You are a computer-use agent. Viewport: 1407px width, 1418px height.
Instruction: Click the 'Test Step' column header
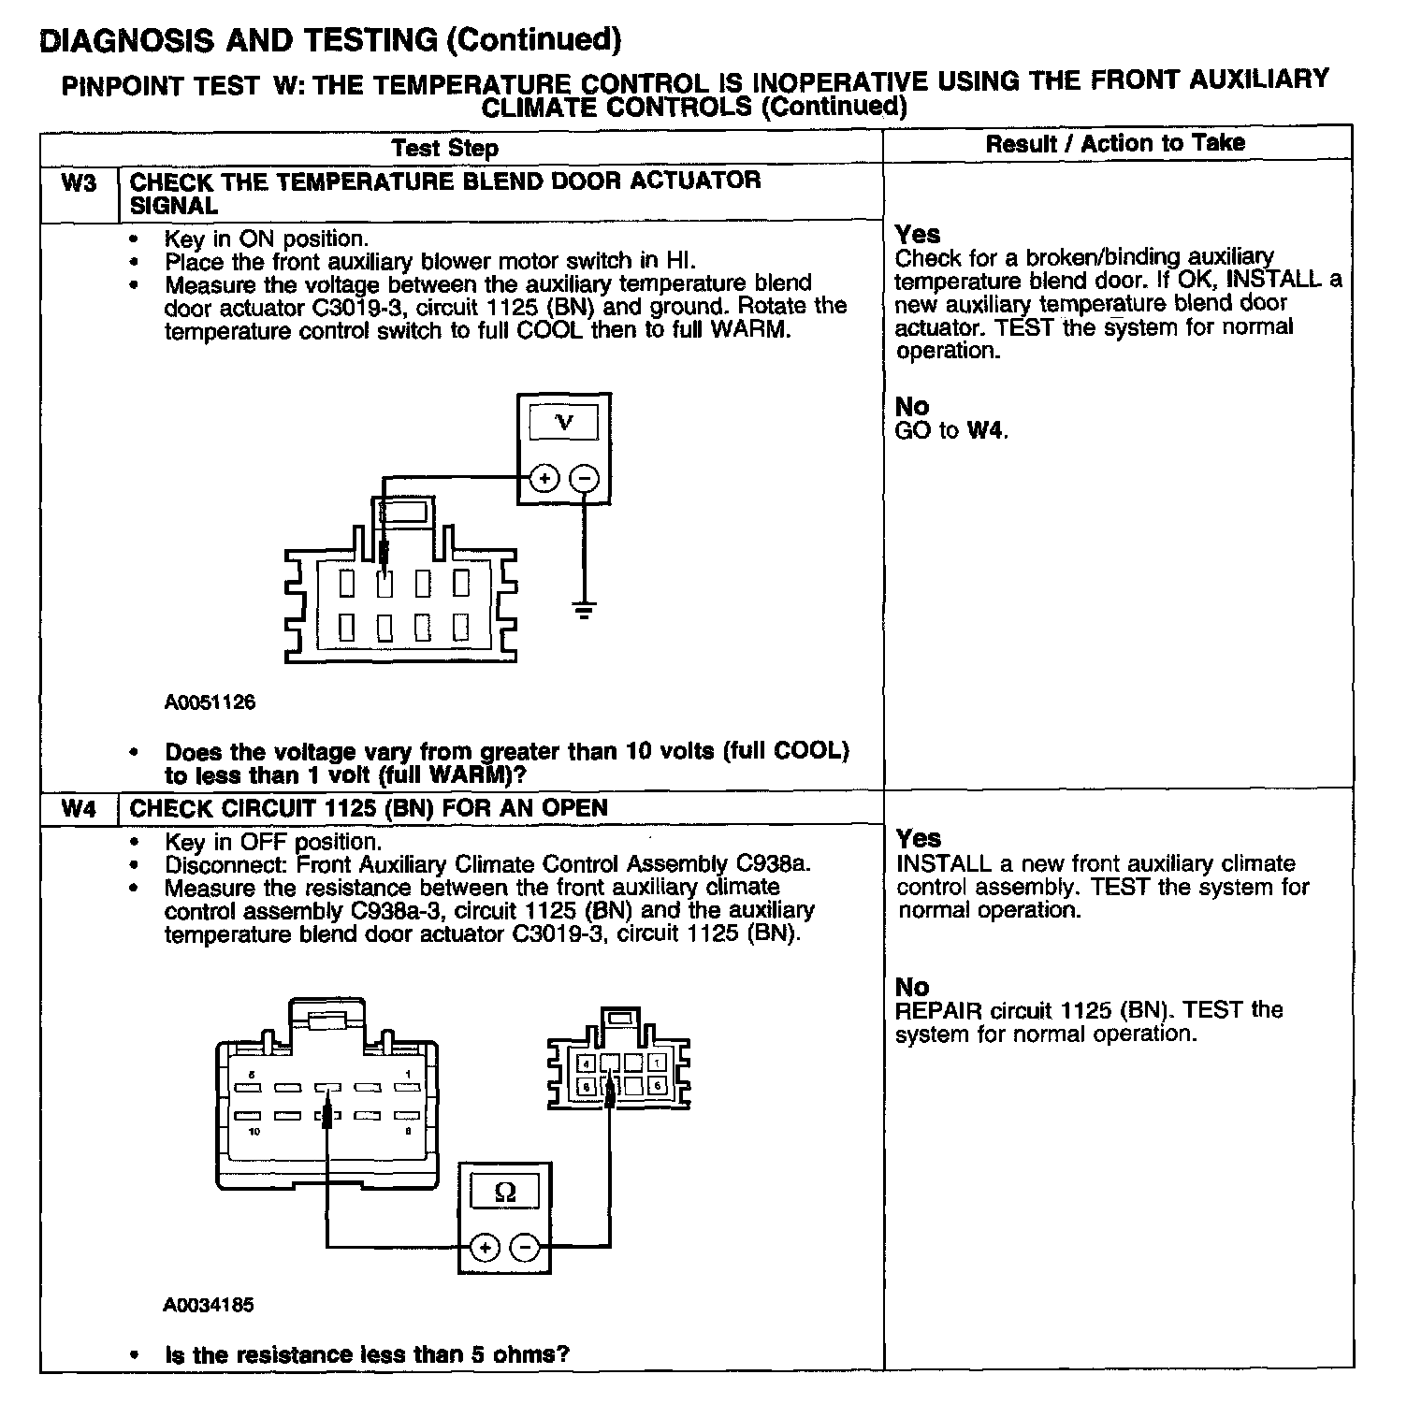click(x=445, y=148)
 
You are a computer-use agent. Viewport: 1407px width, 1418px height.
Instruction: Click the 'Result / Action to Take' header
click(x=1115, y=143)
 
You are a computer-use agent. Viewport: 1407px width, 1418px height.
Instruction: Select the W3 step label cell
click(x=80, y=182)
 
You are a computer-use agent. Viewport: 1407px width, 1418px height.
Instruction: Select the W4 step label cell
click(x=80, y=808)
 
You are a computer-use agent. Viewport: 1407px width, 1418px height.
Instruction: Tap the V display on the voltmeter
click(x=564, y=423)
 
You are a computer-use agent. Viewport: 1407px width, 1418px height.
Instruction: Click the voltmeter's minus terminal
click(x=585, y=478)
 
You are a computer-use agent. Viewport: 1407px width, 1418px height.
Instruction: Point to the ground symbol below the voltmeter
click(x=585, y=612)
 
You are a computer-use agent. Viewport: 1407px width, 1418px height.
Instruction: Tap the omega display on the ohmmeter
click(x=504, y=1192)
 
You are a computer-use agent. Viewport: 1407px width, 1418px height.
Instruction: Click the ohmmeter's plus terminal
click(x=484, y=1247)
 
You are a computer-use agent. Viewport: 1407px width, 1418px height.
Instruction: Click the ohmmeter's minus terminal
click(x=525, y=1247)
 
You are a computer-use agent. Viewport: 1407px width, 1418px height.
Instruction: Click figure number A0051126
click(x=210, y=702)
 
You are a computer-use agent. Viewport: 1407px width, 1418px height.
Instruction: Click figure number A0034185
click(x=208, y=1304)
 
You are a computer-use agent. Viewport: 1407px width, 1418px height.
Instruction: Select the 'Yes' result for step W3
click(x=918, y=234)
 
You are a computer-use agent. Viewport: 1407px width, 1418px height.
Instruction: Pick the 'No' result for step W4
click(x=912, y=987)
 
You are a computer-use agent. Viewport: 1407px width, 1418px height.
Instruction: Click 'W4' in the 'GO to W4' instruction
click(x=986, y=430)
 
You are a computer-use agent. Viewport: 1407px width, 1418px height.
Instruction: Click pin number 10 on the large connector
click(x=254, y=1133)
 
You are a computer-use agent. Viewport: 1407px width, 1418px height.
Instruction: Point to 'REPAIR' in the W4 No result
click(x=938, y=1011)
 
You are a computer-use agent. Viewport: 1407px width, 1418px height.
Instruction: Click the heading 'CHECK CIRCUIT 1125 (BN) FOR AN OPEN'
click(x=369, y=808)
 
